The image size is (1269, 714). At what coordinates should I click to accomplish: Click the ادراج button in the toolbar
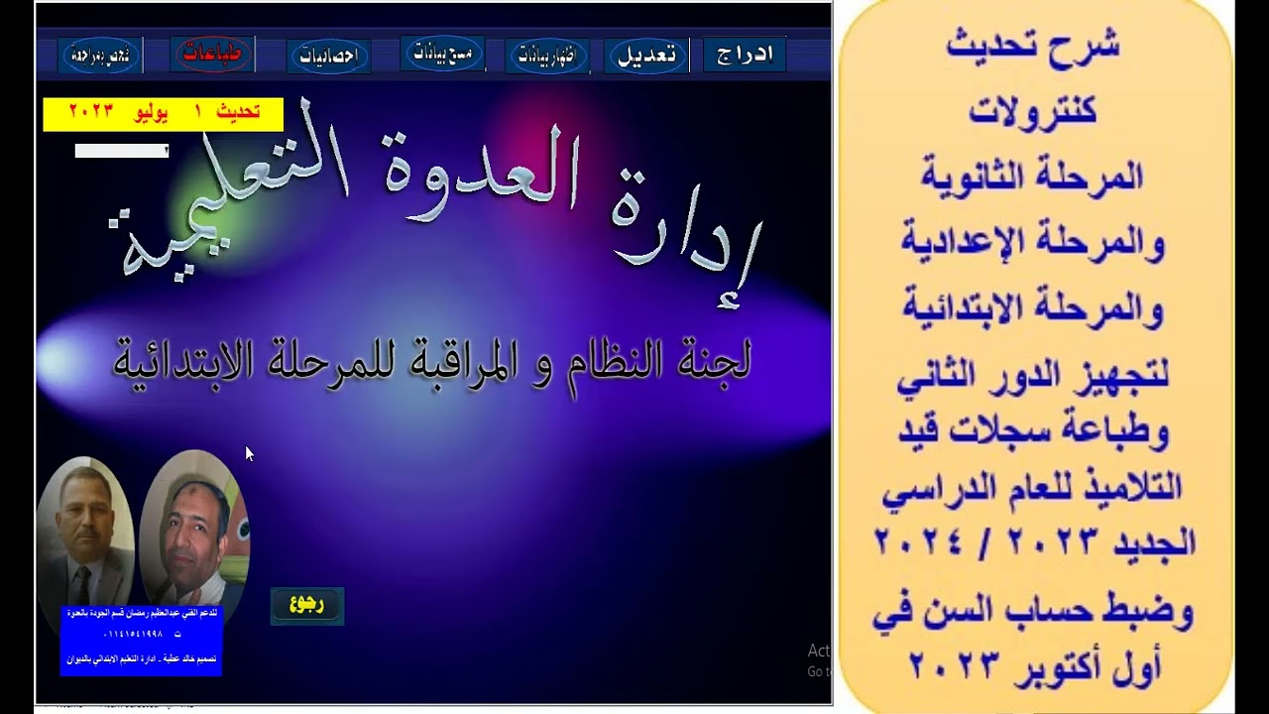(744, 55)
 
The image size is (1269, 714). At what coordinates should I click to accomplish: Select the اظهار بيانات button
(547, 56)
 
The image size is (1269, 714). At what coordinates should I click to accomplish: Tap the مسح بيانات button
(442, 53)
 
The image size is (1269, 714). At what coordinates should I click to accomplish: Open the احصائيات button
(328, 57)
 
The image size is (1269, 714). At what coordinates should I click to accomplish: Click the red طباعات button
(212, 55)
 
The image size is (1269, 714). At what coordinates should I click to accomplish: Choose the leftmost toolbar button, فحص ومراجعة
(101, 56)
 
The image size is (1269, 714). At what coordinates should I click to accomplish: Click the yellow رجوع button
(307, 605)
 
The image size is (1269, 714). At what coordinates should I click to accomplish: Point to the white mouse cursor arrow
(249, 453)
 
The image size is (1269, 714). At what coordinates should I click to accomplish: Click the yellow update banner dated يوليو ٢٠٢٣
(164, 113)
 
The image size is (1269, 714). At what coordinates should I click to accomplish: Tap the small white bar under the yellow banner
(122, 151)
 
